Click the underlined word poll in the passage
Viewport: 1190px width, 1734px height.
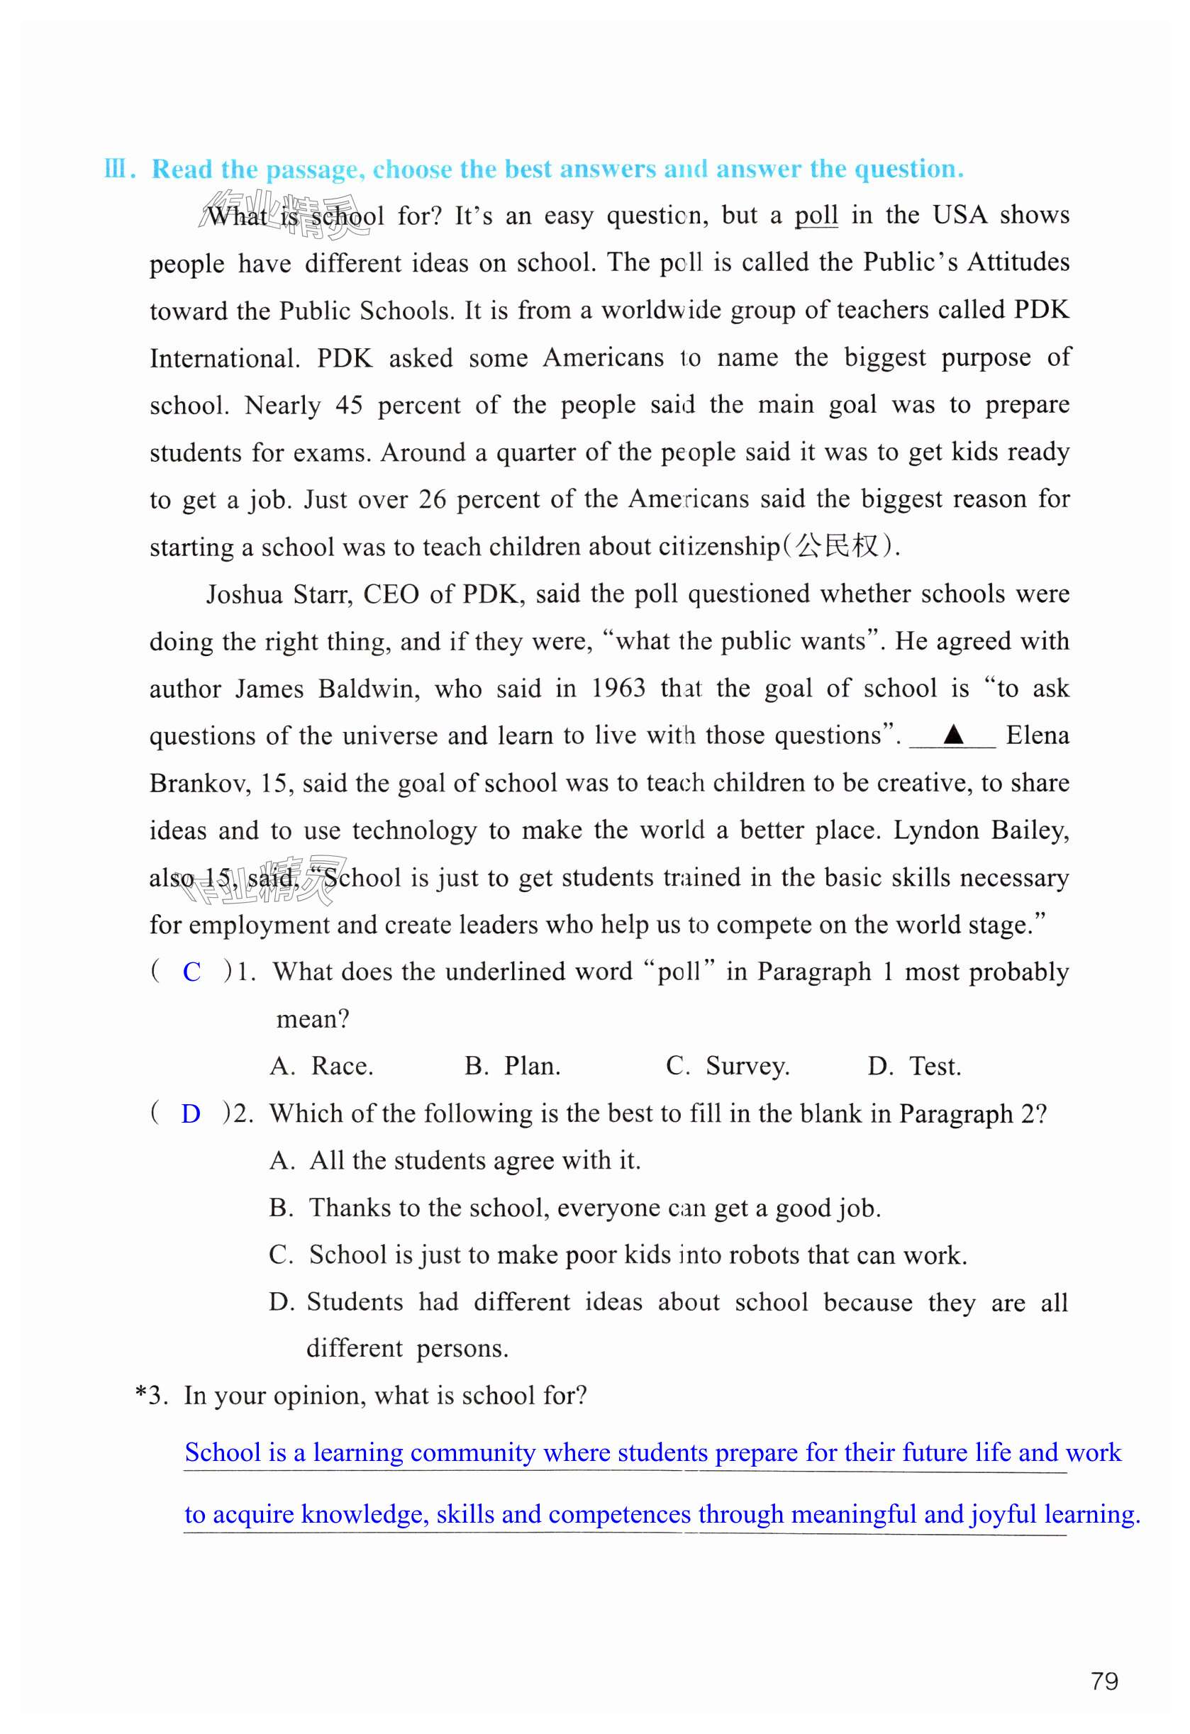tap(816, 216)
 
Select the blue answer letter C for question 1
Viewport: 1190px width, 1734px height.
tap(191, 972)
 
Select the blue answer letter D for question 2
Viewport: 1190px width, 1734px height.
tap(191, 1114)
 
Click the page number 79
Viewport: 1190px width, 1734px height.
tap(1104, 1681)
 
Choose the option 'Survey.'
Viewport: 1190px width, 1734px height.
tap(747, 1066)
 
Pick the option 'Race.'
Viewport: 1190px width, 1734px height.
tap(342, 1066)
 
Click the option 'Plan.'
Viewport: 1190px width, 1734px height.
tap(532, 1066)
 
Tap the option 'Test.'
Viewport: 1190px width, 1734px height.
tap(935, 1066)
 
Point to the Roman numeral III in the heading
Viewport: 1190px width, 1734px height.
tap(116, 169)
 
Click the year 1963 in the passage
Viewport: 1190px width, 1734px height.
tap(618, 688)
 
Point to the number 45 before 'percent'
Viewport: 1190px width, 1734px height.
tap(348, 405)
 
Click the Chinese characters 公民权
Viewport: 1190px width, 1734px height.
tap(837, 546)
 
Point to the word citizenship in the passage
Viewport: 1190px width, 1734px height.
tap(718, 547)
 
